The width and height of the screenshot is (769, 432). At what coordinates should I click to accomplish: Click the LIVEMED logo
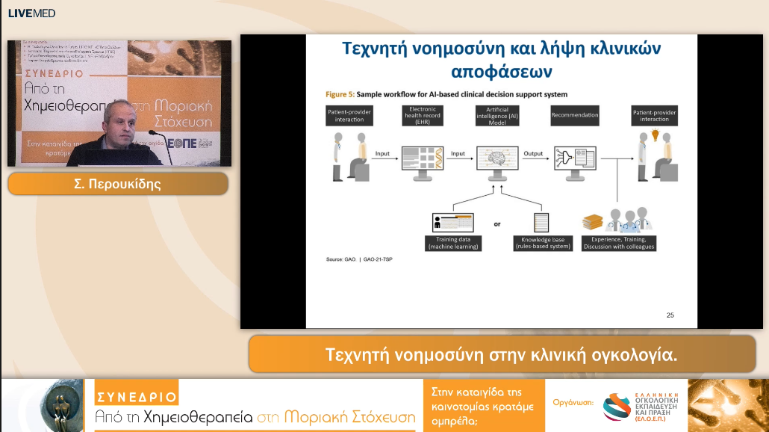[x=31, y=13]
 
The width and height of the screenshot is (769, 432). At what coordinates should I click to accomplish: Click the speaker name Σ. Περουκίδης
[x=118, y=184]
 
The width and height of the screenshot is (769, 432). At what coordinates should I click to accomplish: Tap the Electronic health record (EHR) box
[x=422, y=115]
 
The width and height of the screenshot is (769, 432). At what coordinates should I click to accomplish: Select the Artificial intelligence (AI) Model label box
[x=497, y=115]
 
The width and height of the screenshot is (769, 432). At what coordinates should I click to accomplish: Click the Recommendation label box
[x=575, y=115]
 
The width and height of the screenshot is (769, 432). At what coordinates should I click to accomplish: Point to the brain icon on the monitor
[x=496, y=160]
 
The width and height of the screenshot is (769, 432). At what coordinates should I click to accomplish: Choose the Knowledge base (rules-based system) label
[x=543, y=243]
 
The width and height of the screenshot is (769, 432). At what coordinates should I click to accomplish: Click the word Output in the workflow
[x=532, y=154]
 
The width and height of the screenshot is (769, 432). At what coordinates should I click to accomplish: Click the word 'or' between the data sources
[x=497, y=223]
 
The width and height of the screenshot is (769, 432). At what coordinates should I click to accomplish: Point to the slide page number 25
[x=670, y=315]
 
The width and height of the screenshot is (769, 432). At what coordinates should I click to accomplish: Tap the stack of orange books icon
[x=592, y=222]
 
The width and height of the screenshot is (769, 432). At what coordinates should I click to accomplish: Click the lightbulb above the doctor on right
[x=656, y=135]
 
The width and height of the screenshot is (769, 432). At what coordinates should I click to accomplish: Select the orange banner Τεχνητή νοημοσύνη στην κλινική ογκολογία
[x=501, y=354]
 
